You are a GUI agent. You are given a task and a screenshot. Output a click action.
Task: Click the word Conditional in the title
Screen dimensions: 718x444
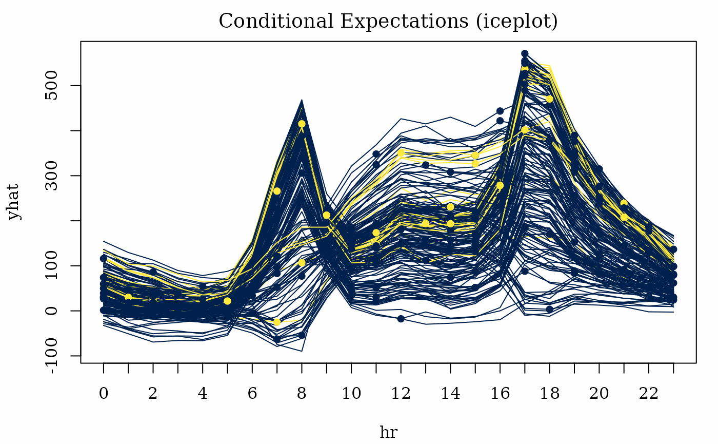click(x=276, y=21)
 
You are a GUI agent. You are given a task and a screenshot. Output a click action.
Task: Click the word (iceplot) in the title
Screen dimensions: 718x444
click(x=517, y=22)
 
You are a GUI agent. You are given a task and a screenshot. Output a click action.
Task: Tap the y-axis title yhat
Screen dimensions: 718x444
click(x=13, y=202)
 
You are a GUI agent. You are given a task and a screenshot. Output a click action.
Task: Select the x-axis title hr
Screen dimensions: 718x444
click(x=389, y=432)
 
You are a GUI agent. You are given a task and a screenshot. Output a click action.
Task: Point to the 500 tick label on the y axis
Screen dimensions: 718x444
click(x=51, y=86)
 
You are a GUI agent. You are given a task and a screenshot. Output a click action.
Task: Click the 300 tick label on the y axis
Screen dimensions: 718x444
click(x=51, y=176)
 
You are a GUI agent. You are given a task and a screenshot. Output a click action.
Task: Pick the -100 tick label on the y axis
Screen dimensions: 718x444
click(x=51, y=355)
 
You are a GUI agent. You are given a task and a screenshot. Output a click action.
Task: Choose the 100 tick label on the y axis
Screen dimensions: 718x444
click(x=51, y=266)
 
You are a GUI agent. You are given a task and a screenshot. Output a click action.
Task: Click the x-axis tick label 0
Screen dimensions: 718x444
click(x=103, y=393)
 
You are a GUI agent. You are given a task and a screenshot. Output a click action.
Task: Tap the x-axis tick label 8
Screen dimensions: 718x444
click(x=302, y=393)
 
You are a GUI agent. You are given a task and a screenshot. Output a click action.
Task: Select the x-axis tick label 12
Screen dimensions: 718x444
click(x=401, y=393)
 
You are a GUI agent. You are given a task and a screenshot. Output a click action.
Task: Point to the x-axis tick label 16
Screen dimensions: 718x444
click(x=500, y=393)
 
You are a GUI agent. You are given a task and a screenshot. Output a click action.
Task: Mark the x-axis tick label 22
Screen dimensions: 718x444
click(x=648, y=393)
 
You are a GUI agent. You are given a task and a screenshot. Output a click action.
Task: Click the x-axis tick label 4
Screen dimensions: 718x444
click(x=202, y=393)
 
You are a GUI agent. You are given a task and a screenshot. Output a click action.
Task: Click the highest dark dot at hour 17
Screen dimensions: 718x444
click(x=525, y=53)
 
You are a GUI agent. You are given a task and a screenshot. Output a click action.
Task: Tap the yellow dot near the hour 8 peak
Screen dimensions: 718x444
click(x=302, y=124)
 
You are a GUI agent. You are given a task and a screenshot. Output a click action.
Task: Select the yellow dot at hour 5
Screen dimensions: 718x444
click(x=227, y=301)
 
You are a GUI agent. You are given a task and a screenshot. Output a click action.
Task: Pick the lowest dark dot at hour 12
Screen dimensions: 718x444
click(x=401, y=319)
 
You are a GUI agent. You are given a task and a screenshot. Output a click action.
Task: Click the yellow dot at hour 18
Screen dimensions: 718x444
click(x=550, y=99)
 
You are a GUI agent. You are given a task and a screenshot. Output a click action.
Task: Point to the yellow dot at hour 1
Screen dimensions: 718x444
click(x=128, y=297)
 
